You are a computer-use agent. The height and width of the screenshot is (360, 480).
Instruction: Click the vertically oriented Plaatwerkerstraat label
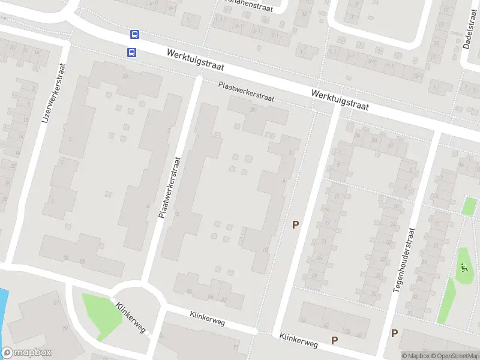coord(169,187)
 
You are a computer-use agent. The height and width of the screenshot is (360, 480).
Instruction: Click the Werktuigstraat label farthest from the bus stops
coord(340,100)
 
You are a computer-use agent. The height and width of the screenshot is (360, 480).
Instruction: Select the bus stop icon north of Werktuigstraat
coord(135,35)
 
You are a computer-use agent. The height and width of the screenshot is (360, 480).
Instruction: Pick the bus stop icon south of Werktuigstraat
coord(131,52)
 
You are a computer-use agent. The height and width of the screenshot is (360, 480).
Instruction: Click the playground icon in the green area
coord(463,269)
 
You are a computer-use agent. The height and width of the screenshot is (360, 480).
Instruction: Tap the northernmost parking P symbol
coord(295,225)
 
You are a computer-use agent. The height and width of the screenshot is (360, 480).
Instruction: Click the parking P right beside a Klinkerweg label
coord(334,340)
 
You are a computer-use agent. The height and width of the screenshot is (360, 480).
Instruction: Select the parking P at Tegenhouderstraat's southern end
coord(394,334)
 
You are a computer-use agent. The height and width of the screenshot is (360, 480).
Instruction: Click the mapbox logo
coord(26,353)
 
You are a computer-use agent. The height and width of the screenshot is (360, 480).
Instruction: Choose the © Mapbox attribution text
coord(415,356)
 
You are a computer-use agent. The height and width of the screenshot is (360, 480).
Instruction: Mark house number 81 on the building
coord(57,302)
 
